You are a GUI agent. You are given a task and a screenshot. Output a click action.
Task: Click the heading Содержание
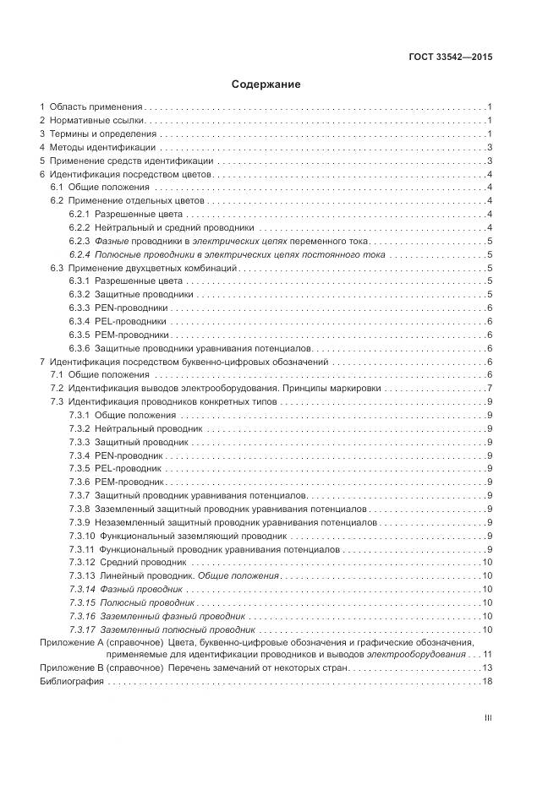(266, 84)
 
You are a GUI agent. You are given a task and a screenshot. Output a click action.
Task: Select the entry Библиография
(70, 681)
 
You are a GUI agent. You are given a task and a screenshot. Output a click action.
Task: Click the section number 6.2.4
(79, 253)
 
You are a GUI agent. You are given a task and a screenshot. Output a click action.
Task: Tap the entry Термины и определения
(102, 133)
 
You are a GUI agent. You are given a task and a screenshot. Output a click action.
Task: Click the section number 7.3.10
(81, 536)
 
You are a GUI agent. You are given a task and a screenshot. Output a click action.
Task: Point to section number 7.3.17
(81, 629)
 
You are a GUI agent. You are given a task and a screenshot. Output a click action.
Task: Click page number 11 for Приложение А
(487, 654)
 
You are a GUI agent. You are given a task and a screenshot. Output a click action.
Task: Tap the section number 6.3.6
(79, 348)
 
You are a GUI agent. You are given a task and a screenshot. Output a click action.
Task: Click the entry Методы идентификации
(96, 147)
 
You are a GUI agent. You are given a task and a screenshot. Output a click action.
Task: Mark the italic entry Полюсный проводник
(147, 602)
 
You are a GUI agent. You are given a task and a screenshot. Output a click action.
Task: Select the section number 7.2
(57, 387)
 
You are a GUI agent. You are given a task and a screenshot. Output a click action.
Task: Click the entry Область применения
(95, 106)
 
